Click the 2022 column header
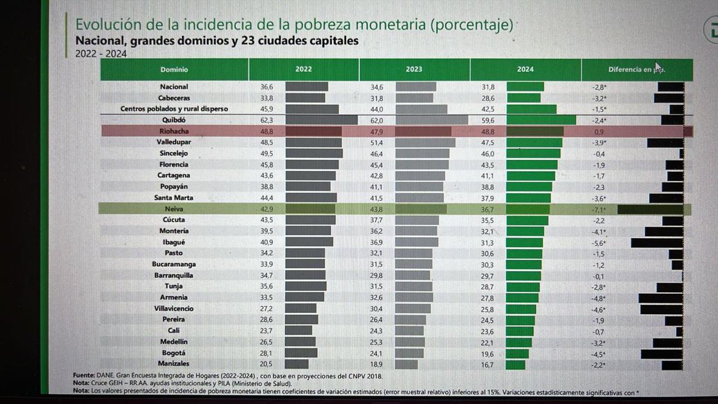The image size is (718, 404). click(x=303, y=70)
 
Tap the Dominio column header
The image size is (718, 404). click(x=174, y=70)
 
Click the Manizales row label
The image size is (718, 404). click(x=174, y=363)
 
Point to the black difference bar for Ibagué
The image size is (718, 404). click(x=656, y=242)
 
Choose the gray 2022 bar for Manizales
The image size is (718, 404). click(x=297, y=364)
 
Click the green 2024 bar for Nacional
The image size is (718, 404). click(x=525, y=87)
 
